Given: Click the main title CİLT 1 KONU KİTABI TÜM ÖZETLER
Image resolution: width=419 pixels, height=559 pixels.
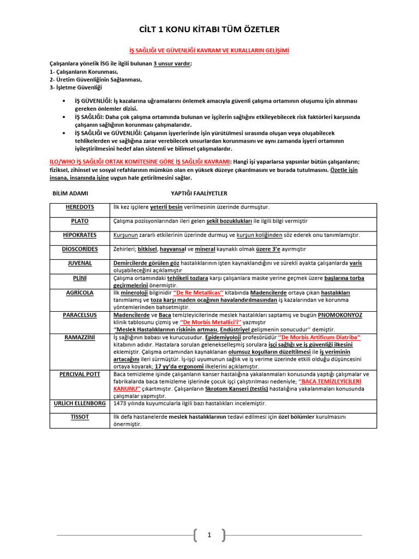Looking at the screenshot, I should pyautogui.click(x=209, y=29).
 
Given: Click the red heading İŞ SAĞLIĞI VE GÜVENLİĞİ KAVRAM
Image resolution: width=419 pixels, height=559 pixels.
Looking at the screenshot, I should pyautogui.click(x=209, y=50).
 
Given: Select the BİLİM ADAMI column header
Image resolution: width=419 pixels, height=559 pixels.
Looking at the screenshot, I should pyautogui.click(x=70, y=193).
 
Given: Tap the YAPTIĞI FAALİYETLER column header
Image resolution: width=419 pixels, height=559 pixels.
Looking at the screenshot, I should pyautogui.click(x=199, y=193).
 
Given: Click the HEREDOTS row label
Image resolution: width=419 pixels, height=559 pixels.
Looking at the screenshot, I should pyautogui.click(x=80, y=207).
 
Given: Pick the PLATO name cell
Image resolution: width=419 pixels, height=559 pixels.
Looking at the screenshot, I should pyautogui.click(x=80, y=221).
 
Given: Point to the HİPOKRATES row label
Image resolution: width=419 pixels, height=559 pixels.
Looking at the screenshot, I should pyautogui.click(x=80, y=235).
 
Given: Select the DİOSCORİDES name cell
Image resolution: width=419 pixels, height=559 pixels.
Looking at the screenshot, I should pyautogui.click(x=80, y=248).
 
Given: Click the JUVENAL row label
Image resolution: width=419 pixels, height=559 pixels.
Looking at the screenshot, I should pyautogui.click(x=80, y=263).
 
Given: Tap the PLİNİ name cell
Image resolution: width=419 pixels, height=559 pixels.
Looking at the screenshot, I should pyautogui.click(x=80, y=278).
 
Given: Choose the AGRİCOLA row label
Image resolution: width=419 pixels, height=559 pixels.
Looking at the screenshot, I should pyautogui.click(x=80, y=293).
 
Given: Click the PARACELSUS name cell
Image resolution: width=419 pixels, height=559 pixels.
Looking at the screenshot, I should pyautogui.click(x=80, y=315).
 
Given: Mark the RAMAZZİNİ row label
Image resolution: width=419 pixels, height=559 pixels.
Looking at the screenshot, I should pyautogui.click(x=80, y=337).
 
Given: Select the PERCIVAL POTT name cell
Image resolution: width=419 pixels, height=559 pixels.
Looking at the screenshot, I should pyautogui.click(x=80, y=374).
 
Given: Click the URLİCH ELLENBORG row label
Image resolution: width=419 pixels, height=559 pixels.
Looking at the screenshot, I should pyautogui.click(x=80, y=403).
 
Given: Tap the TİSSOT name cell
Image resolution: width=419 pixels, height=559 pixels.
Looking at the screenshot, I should pyautogui.click(x=80, y=417).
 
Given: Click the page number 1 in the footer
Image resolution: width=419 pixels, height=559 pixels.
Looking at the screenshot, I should pyautogui.click(x=208, y=536).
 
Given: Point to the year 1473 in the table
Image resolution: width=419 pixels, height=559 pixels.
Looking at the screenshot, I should pyautogui.click(x=120, y=403).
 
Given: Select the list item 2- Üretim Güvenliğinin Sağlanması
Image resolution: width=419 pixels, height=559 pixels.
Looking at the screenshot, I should pyautogui.click(x=95, y=79).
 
